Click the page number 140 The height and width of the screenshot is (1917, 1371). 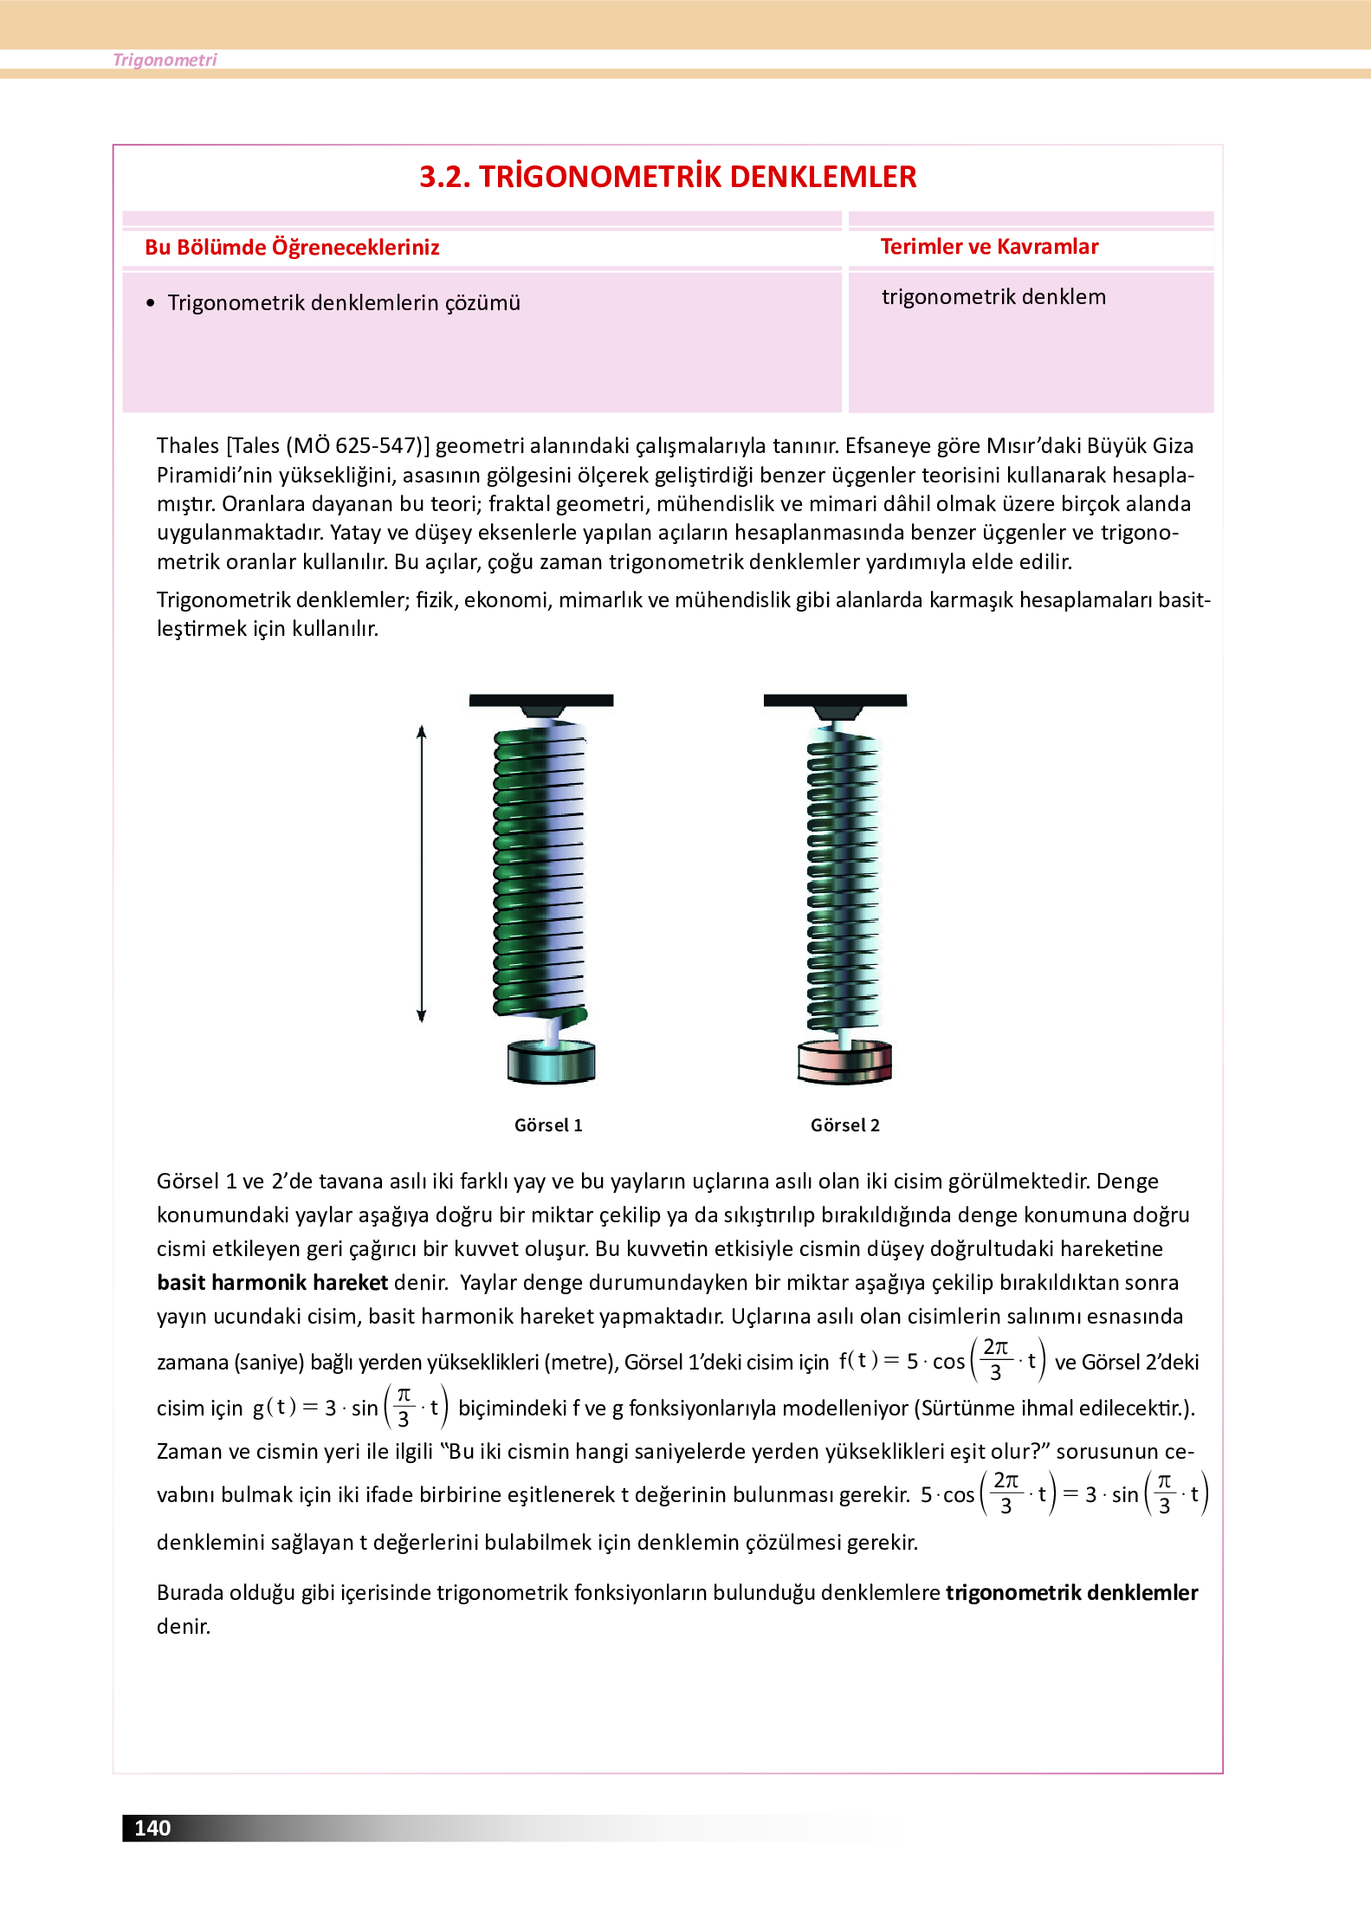(152, 1828)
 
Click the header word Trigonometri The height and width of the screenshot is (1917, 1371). (165, 60)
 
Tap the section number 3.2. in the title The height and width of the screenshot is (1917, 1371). (444, 177)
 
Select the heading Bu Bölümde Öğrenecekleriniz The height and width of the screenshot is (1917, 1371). (292, 248)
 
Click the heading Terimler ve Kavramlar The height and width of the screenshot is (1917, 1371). (989, 247)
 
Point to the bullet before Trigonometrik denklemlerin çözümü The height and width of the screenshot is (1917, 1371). (151, 303)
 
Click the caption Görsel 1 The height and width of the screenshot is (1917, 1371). (548, 1125)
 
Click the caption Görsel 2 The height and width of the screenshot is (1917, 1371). (844, 1125)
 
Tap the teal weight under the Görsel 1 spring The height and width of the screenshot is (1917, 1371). (551, 1063)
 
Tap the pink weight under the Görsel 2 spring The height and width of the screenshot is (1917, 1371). (844, 1063)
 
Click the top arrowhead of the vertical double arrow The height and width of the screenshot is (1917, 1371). (422, 732)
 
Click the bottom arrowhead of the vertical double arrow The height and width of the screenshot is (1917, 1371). (422, 1016)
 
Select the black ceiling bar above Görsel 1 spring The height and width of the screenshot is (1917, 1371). (541, 700)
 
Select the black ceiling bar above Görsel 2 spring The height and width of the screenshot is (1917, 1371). (835, 700)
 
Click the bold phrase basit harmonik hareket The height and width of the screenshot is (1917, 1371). (272, 1283)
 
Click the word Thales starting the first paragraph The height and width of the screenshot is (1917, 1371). (187, 446)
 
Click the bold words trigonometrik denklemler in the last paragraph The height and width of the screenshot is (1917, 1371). (1071, 1593)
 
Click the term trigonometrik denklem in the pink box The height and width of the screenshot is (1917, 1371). (993, 297)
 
